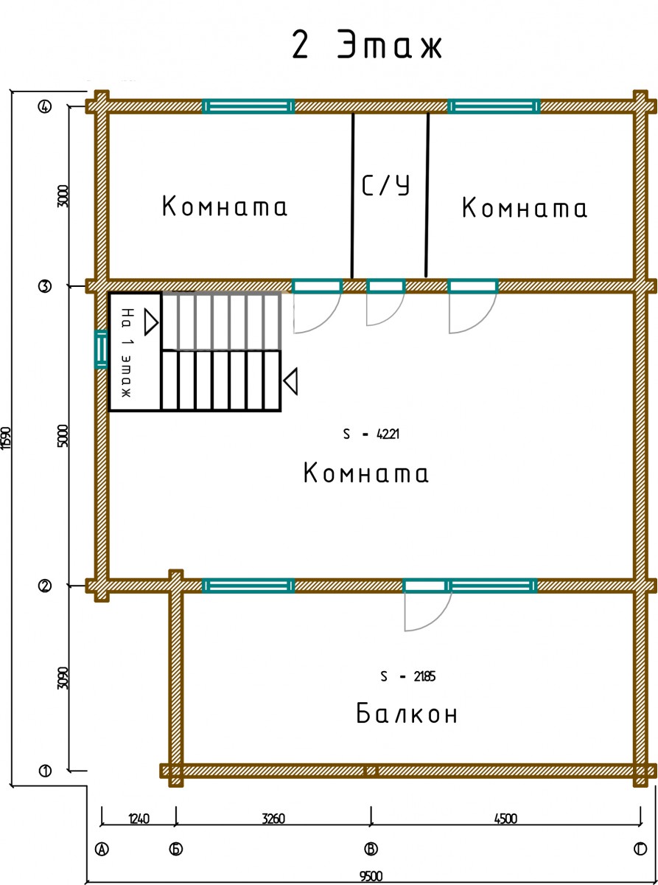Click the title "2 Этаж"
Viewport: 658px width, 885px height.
(x=367, y=45)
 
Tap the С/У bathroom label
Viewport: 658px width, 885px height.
(x=385, y=185)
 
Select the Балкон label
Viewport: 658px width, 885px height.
(x=406, y=713)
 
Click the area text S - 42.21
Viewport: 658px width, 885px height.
(x=371, y=434)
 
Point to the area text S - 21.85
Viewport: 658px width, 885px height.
(x=408, y=676)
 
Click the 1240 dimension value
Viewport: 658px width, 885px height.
(x=139, y=819)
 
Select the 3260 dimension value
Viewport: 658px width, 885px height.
(x=273, y=819)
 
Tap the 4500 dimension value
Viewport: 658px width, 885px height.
(x=505, y=819)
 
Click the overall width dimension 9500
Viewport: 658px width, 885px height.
(x=371, y=877)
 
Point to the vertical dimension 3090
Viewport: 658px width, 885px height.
(x=63, y=678)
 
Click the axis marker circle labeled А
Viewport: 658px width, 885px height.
(x=102, y=849)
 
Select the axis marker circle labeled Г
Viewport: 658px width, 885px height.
(x=640, y=849)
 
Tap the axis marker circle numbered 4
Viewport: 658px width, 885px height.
(x=45, y=106)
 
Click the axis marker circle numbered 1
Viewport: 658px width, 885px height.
(x=45, y=771)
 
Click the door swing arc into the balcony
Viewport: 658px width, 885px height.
(x=428, y=611)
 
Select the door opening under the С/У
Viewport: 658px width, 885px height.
(x=385, y=286)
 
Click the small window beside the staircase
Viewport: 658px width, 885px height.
(x=100, y=349)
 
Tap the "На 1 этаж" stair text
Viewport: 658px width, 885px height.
(x=127, y=353)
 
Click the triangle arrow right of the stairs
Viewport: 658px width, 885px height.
(x=290, y=381)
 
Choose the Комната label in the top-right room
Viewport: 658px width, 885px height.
(x=525, y=207)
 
